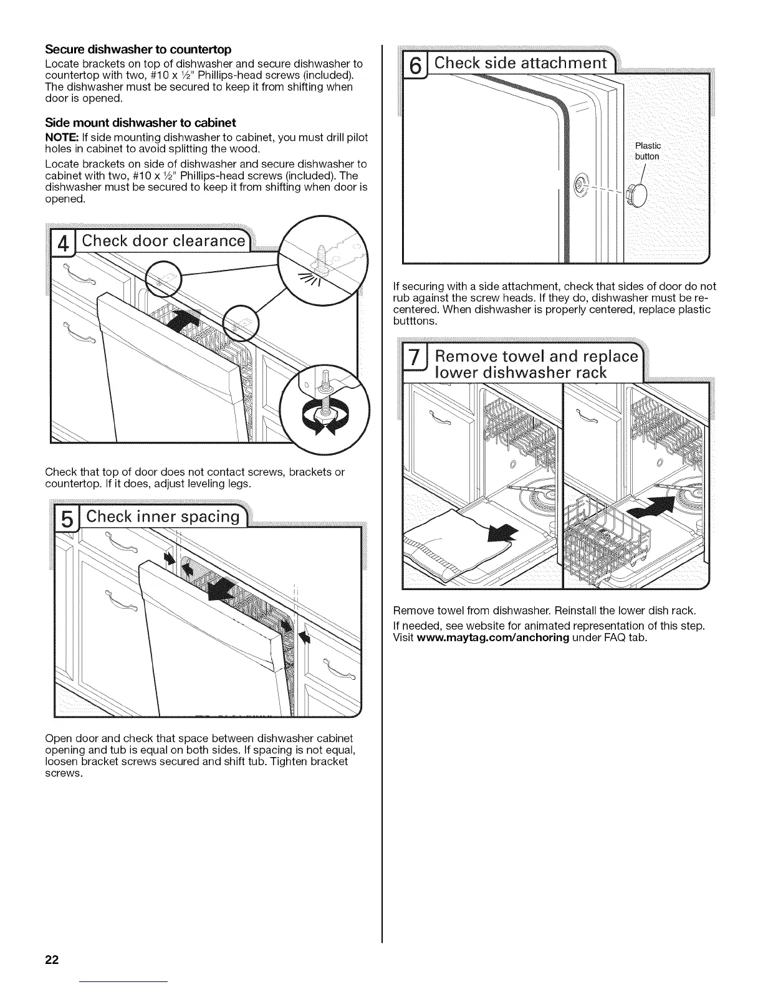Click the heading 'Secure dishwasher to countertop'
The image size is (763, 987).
pos(138,49)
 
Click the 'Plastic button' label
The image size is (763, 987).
pos(647,151)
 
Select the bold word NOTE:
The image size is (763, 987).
pos(61,137)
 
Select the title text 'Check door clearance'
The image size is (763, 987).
pos(163,241)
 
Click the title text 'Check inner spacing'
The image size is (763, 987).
pos(163,517)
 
